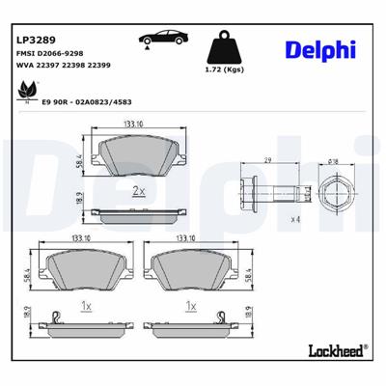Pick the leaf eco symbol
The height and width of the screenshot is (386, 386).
click(x=26, y=89)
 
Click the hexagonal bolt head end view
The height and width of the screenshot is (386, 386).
click(x=333, y=186)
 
